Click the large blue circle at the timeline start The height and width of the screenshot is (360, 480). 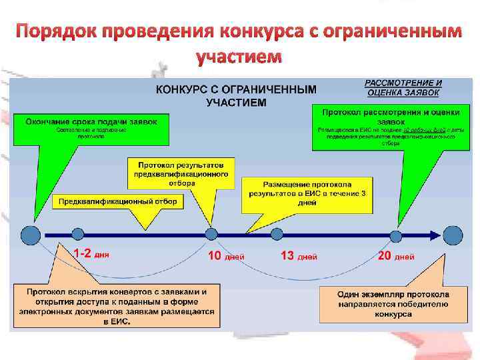click(x=31, y=234)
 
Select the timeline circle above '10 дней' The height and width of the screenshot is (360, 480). click(x=211, y=233)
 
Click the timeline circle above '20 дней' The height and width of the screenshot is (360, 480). click(x=396, y=235)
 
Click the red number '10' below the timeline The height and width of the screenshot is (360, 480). click(x=215, y=255)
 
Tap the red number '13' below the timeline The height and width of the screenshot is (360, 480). click(x=287, y=255)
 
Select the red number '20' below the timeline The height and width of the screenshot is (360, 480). click(x=384, y=255)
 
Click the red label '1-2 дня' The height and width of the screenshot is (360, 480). click(x=91, y=254)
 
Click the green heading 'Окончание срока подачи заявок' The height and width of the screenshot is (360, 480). click(x=91, y=121)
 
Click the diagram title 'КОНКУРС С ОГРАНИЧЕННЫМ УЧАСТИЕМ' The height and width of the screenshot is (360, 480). click(x=236, y=95)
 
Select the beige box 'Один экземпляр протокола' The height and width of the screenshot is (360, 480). click(x=393, y=303)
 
